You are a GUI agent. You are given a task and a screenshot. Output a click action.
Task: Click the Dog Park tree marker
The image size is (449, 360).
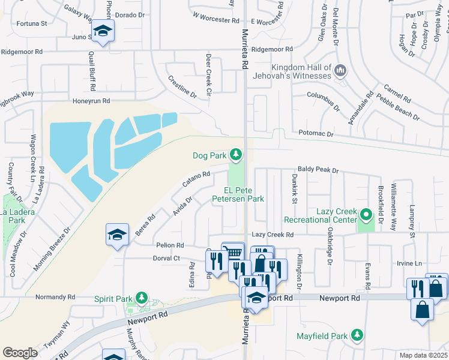click(237, 155)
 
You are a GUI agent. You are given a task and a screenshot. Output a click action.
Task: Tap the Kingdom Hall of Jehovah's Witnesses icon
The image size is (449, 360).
click(340, 71)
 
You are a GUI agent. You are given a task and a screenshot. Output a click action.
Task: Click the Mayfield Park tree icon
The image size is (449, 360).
click(357, 334)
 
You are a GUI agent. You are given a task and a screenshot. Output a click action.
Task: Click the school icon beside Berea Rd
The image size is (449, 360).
click(117, 235)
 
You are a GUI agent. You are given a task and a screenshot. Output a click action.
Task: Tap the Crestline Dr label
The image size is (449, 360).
click(182, 87)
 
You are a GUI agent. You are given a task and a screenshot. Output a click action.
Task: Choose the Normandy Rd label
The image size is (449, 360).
click(55, 296)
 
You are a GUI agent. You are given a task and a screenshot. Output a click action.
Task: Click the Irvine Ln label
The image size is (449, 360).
click(410, 263)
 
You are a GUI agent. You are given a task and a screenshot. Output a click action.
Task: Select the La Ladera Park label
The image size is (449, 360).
click(17, 212)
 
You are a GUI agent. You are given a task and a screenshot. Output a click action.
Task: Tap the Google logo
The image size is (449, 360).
click(20, 353)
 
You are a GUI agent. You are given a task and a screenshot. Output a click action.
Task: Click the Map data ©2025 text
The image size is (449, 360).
click(423, 355)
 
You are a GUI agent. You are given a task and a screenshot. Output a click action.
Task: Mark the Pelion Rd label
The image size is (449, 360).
click(170, 245)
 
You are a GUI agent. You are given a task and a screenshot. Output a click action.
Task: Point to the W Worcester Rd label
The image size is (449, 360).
click(216, 20)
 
